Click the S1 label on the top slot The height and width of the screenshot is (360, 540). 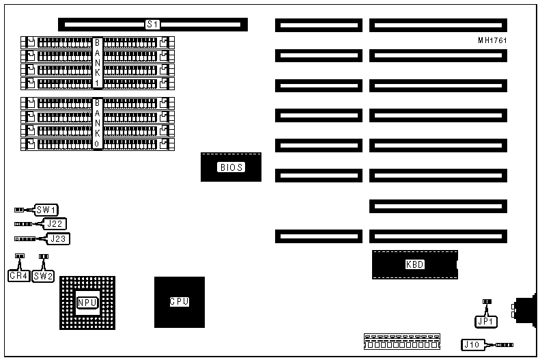153,25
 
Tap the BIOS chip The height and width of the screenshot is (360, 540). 231,167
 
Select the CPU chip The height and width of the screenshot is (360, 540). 180,301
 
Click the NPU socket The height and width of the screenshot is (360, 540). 87,303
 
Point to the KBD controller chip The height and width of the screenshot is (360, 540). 414,264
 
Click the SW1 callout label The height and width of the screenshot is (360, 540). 46,210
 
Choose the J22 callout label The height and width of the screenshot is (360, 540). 55,223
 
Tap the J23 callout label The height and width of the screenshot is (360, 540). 59,239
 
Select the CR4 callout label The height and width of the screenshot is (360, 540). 18,276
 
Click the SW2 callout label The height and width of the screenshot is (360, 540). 43,276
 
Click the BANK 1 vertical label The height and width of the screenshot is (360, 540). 98,62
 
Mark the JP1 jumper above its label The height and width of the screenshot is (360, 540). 487,301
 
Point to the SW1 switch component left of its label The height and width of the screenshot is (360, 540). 20,210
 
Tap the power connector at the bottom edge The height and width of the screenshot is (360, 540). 401,341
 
